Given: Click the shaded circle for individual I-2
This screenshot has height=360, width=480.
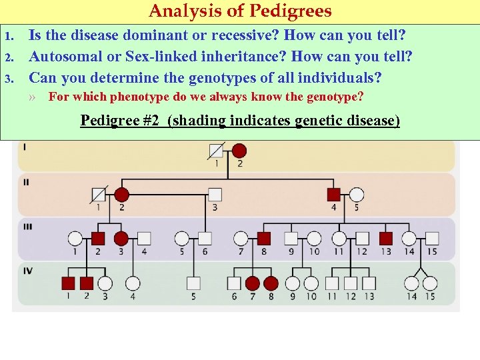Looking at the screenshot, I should tap(239, 151).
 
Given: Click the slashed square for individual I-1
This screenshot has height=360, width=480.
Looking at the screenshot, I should tap(216, 151).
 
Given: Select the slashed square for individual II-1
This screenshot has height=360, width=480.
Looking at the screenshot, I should tap(99, 195).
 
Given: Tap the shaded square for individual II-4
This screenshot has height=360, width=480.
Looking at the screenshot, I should tap(334, 195).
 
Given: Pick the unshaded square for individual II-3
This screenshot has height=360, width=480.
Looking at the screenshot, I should tap(215, 195).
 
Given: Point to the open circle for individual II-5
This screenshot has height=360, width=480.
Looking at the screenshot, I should tap(357, 195).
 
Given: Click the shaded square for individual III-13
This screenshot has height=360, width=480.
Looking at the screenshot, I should tap(385, 238).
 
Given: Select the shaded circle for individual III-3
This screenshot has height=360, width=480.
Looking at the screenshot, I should tap(121, 238).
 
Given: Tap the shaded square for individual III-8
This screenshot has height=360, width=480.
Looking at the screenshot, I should tap(264, 238).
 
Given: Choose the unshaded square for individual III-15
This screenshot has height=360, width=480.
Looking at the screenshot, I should tap(432, 238).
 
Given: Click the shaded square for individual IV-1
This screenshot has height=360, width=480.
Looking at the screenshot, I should tap(68, 283).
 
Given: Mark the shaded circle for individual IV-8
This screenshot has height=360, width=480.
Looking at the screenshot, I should tap(271, 283).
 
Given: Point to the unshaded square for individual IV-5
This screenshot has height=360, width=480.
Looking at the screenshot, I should tap(193, 283).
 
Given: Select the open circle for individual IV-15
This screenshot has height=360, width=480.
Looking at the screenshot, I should tap(430, 283).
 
